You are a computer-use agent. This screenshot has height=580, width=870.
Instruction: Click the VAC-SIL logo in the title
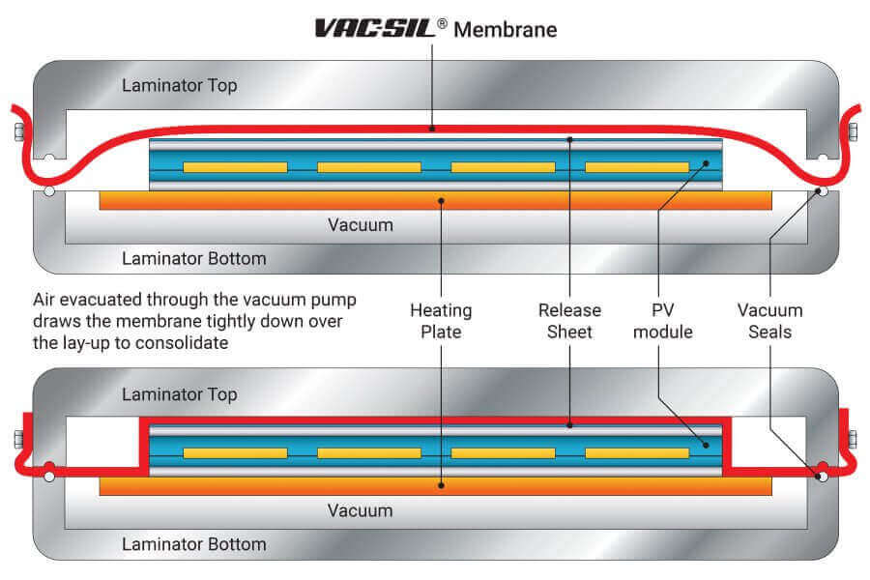374,28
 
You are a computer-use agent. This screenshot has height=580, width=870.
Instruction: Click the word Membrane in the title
506,29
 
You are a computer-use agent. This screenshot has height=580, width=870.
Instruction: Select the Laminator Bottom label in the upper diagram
193,258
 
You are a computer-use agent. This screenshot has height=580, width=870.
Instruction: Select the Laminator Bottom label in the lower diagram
193,544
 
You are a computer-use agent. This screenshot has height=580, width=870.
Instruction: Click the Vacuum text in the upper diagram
360,225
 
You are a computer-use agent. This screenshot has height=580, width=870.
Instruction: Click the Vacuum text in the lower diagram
360,510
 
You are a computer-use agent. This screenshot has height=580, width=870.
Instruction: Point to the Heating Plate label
441,321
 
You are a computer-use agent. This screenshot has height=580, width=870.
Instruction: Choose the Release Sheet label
569,321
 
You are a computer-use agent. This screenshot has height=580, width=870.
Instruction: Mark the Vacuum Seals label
769,321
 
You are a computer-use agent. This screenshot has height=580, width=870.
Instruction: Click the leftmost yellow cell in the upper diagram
235,167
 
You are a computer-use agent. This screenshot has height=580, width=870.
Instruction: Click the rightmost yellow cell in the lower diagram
637,452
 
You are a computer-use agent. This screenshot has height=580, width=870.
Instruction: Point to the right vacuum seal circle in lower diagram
822,476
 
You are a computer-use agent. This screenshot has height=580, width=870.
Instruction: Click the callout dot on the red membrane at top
432,128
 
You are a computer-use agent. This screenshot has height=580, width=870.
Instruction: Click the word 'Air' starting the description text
46,299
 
